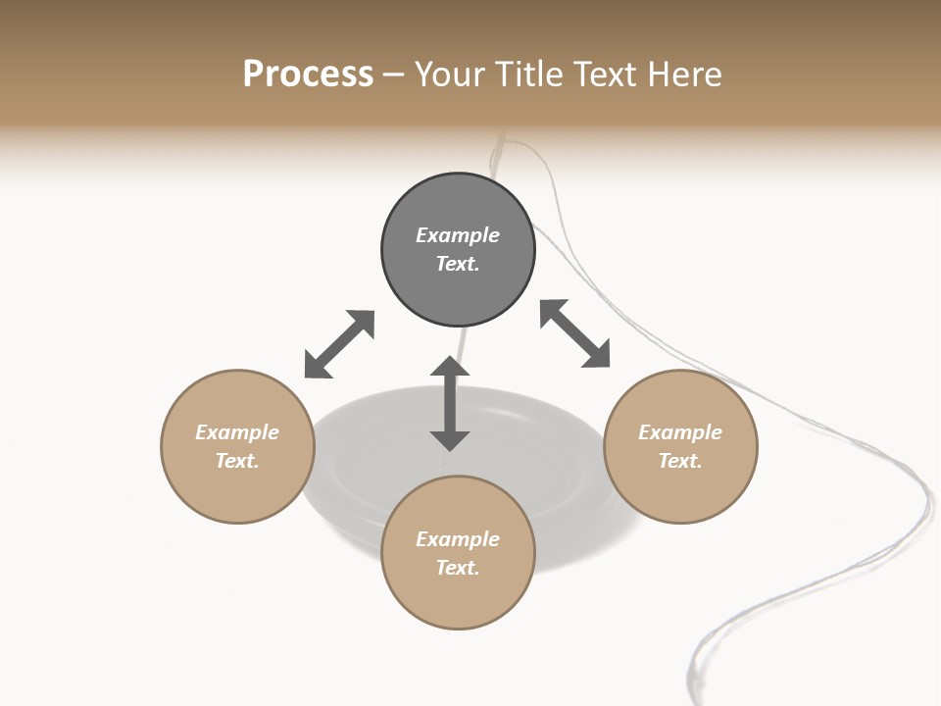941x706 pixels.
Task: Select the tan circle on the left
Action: pos(237,446)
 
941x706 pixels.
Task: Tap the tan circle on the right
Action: pos(680,446)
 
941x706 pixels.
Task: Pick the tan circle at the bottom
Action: pos(458,553)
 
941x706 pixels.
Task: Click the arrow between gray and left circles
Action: pos(339,344)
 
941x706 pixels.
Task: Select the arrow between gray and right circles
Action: pos(575,333)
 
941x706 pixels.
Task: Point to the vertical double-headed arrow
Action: pos(450,404)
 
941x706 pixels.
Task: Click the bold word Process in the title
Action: pos(308,74)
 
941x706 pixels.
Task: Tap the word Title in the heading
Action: pos(530,74)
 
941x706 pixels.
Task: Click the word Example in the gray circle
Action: pos(458,235)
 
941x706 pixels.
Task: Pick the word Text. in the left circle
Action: pos(237,461)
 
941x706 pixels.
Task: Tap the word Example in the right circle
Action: pos(680,432)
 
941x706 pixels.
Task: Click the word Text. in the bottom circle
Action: pos(458,568)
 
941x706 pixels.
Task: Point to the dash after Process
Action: pos(394,75)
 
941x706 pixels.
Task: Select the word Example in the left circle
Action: pos(237,432)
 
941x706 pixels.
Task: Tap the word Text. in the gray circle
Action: pos(458,264)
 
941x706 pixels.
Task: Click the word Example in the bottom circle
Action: pos(458,539)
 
